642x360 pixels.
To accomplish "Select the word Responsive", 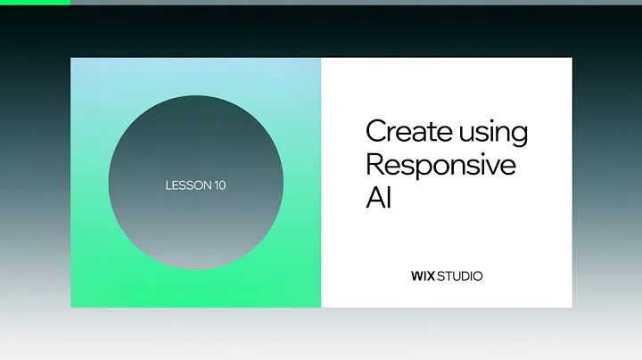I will (x=440, y=165).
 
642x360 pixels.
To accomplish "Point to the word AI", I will (x=379, y=197).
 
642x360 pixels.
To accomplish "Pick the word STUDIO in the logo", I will (x=459, y=276).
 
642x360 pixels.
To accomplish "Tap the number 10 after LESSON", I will (x=219, y=185).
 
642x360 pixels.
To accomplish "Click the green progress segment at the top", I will (x=35, y=2).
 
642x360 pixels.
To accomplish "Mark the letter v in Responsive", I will (x=496, y=167).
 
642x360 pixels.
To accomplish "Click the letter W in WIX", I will (x=416, y=276).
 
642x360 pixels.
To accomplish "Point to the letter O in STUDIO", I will (x=477, y=276).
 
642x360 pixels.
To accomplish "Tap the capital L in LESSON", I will (x=169, y=185).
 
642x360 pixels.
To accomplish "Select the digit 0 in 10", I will (x=222, y=185).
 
